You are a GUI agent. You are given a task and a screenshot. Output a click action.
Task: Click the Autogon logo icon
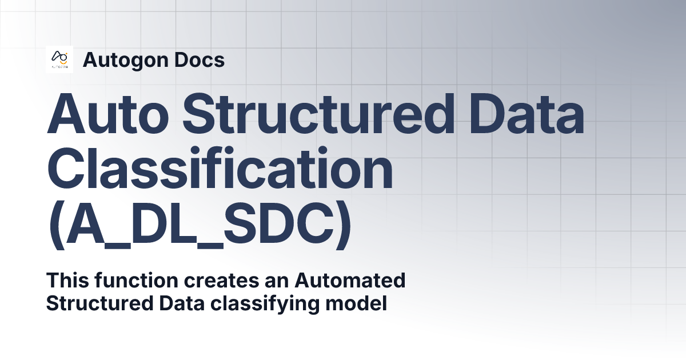(59, 59)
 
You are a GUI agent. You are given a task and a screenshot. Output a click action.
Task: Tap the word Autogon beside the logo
(126, 61)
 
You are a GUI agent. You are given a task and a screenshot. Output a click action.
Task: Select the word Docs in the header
(200, 59)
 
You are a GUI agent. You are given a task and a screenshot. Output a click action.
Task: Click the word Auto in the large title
(108, 113)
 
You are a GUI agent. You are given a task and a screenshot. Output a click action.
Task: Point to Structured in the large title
(318, 113)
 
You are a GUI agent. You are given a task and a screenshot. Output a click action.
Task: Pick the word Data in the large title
(527, 113)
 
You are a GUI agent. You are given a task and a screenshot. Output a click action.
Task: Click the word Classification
(220, 168)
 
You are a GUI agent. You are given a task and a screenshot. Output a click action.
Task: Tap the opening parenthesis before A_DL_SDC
(57, 225)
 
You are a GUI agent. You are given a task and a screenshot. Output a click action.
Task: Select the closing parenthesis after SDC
(343, 225)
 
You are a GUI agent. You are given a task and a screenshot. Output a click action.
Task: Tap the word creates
(221, 281)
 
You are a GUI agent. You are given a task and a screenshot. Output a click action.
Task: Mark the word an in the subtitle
(277, 282)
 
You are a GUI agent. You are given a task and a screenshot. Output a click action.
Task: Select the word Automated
(350, 280)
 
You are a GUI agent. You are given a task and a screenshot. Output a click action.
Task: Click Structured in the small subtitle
(99, 303)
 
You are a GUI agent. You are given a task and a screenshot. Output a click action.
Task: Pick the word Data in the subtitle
(182, 303)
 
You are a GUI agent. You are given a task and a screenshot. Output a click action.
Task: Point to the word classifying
(265, 304)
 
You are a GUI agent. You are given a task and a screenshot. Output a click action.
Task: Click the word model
(356, 303)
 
